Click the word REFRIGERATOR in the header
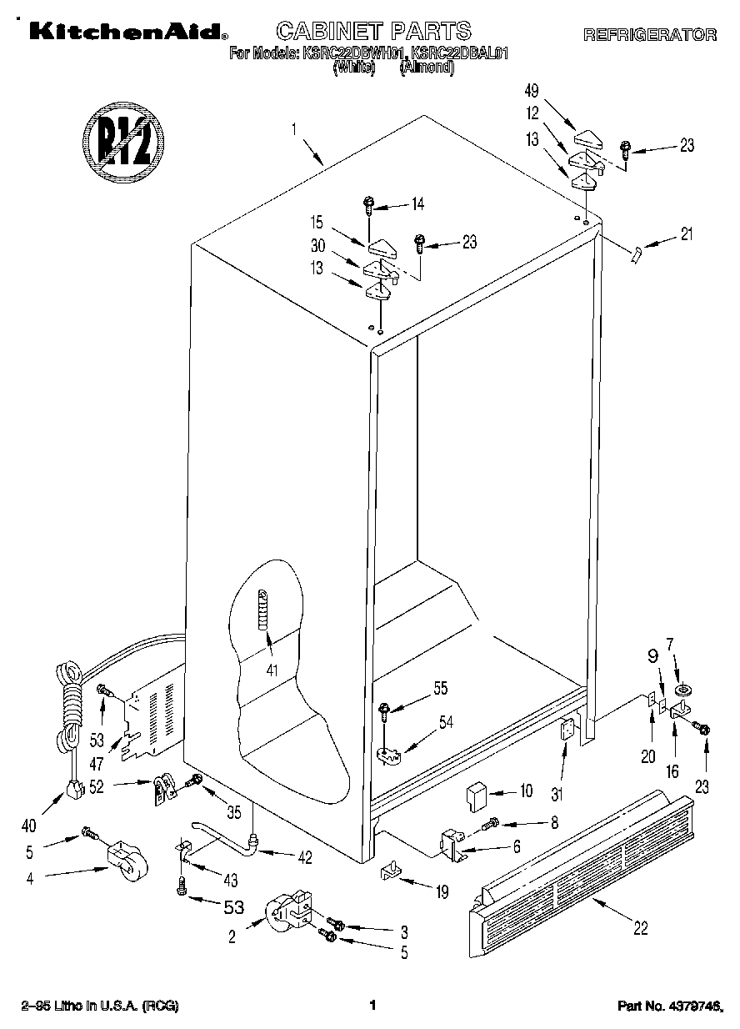[650, 35]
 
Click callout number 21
[686, 234]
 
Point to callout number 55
[440, 688]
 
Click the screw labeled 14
[367, 203]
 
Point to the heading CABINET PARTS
[372, 32]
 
